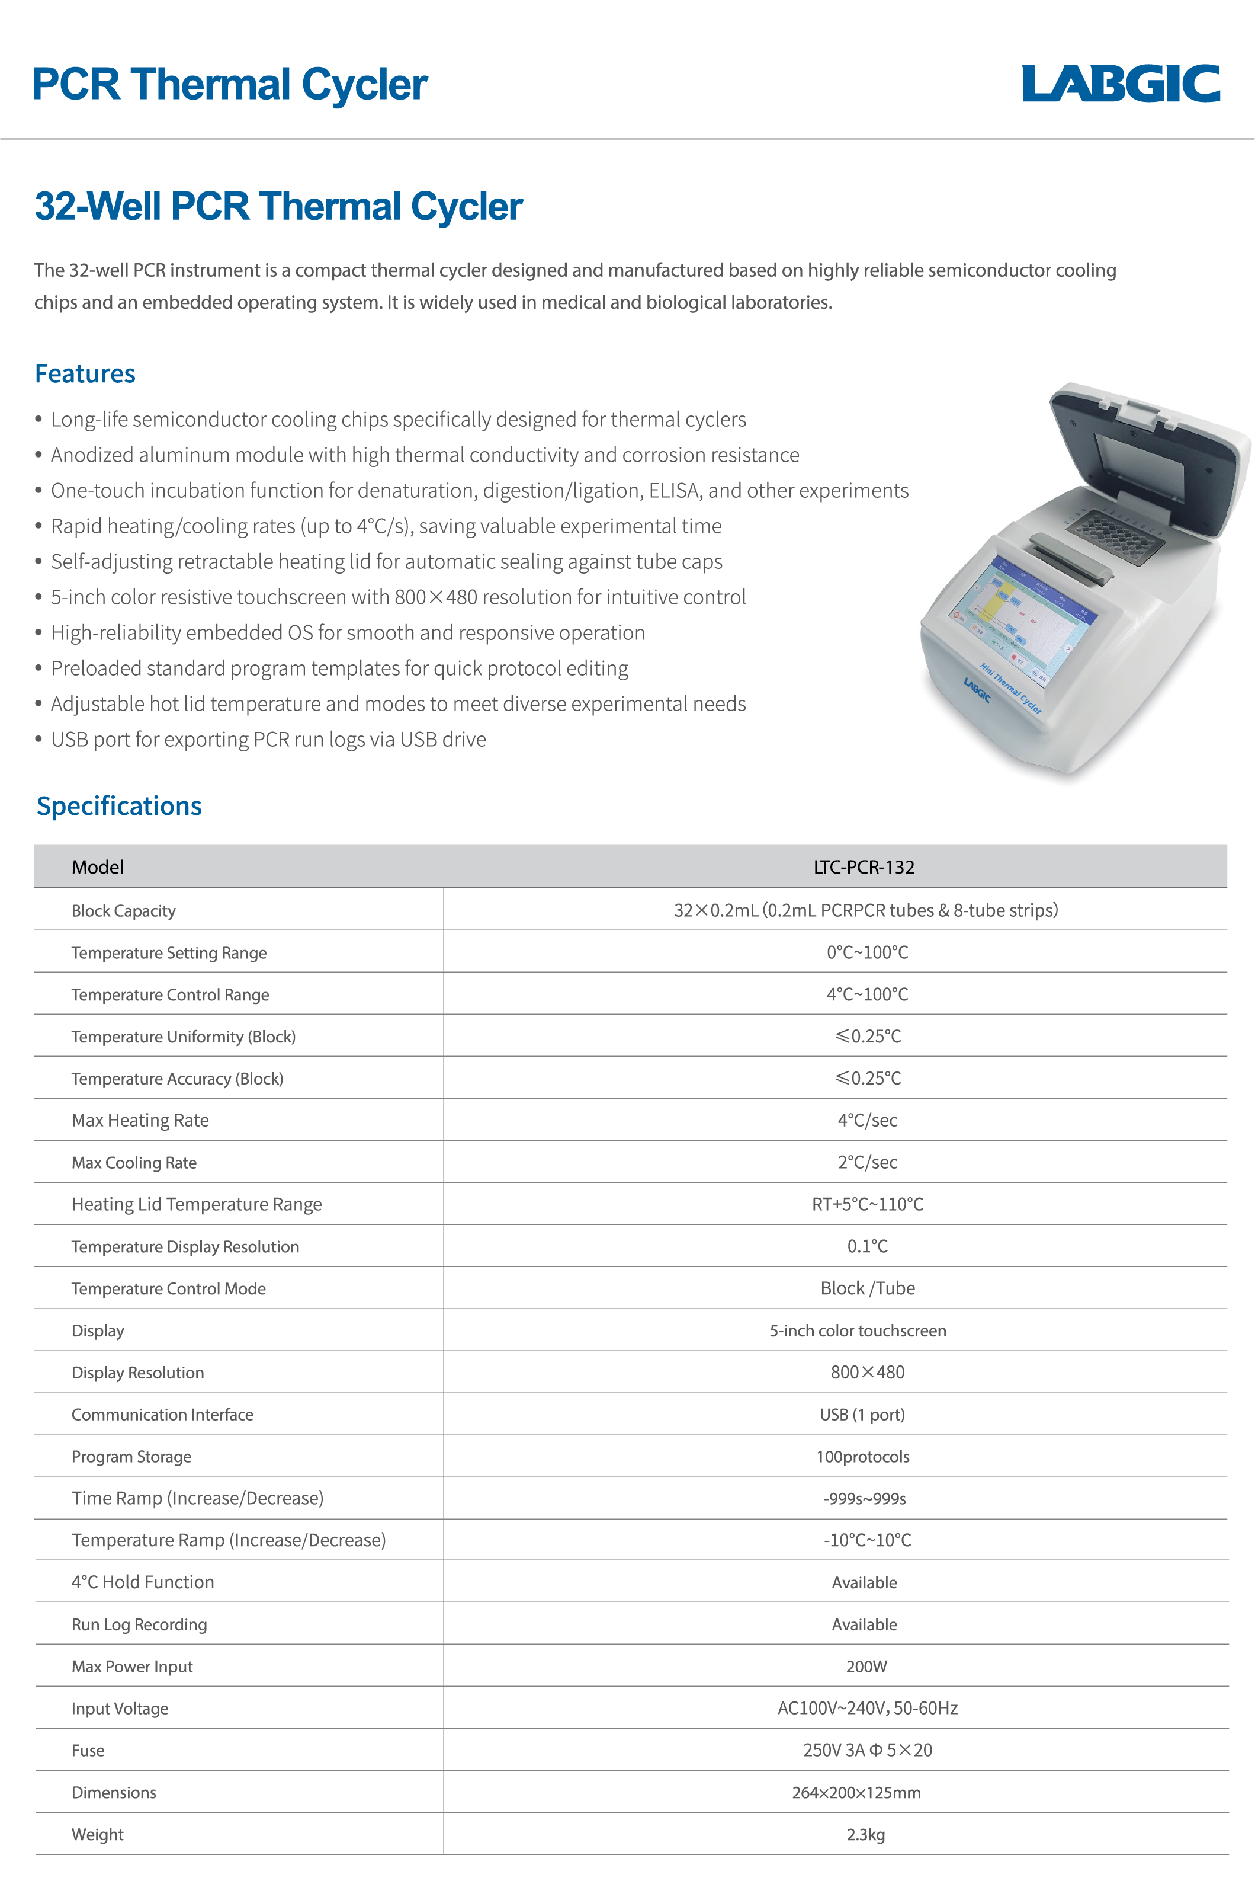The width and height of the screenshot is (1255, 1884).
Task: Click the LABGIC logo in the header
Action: [1120, 84]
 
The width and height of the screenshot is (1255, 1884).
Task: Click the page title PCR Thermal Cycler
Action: [230, 85]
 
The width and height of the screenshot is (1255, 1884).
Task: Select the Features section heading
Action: [85, 374]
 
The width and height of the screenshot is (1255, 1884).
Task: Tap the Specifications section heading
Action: [119, 805]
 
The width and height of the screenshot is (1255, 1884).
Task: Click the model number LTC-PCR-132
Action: [864, 867]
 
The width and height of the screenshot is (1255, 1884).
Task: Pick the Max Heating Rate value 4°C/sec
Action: [867, 1120]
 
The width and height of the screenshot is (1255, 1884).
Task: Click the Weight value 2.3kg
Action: [865, 1834]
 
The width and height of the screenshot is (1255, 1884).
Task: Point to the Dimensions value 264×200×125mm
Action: [856, 1793]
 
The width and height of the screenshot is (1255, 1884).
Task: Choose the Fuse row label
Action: [88, 1750]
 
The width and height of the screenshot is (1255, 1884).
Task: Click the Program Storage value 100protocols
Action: [862, 1457]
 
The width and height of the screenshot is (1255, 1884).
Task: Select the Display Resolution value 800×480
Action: [867, 1373]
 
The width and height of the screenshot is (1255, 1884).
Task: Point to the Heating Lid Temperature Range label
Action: [197, 1204]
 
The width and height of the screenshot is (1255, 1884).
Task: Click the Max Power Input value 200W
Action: [866, 1667]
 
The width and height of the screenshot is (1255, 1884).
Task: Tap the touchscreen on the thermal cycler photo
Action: [1020, 621]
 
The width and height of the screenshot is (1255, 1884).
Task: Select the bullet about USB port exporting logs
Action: [268, 739]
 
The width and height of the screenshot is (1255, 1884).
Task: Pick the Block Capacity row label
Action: [123, 910]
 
